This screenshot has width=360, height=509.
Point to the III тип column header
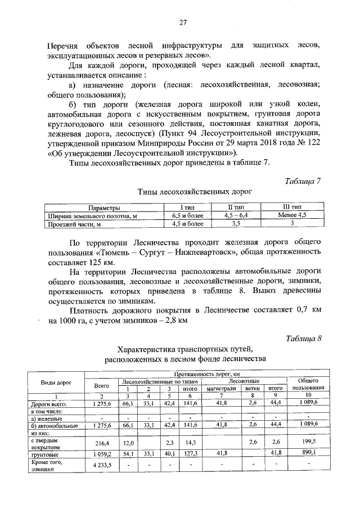pos(293,207)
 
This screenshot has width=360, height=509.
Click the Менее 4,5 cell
pos(293,215)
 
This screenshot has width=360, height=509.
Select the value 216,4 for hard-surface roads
pos(102,443)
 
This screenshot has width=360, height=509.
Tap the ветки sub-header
pos(252,389)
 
